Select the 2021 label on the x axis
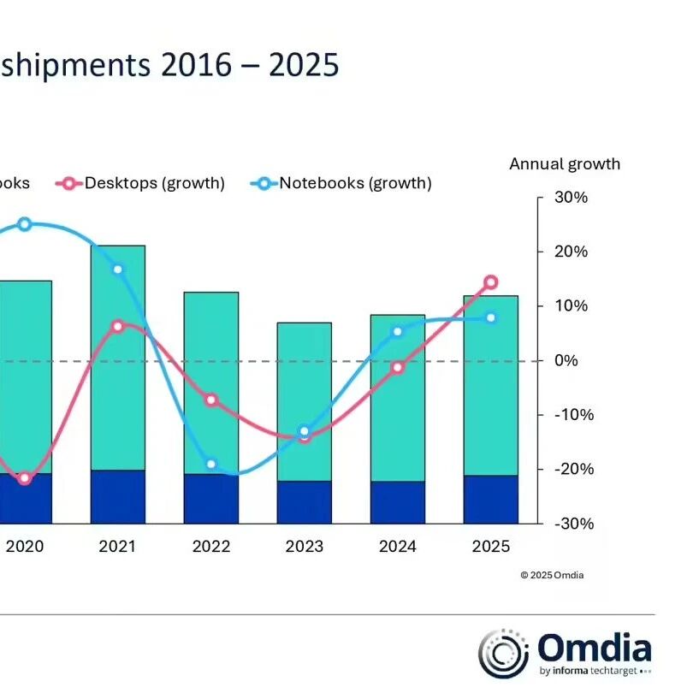point(118,546)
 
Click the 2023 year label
point(304,546)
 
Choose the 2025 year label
point(490,546)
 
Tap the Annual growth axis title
point(565,163)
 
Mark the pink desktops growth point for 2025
point(490,282)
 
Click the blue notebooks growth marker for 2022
point(211,465)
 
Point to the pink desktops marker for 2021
point(118,326)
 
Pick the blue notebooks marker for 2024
point(397,331)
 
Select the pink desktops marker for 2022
point(211,400)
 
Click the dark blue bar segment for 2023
point(304,502)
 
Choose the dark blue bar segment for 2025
point(490,499)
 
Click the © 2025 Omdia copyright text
point(552,575)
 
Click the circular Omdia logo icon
point(500,652)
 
